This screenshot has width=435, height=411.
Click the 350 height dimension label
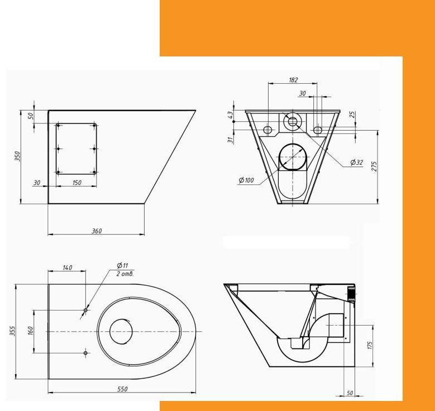point(17,156)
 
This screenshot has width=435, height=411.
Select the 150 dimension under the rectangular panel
point(77,183)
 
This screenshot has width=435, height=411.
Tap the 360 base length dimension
point(97,231)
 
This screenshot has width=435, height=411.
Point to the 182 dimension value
point(293,80)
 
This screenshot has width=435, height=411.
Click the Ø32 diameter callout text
point(356,162)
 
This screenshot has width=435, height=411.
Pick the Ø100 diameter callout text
point(246,180)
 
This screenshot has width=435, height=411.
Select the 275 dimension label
point(374,166)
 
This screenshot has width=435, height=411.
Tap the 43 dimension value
point(230,115)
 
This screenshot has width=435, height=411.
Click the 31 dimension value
point(230,140)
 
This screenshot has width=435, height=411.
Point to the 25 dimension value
point(352,114)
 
